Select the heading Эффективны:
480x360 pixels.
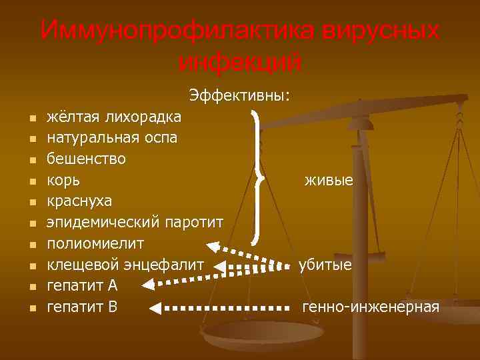click(x=239, y=95)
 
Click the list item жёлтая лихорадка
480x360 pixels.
click(x=113, y=117)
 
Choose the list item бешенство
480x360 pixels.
click(x=86, y=159)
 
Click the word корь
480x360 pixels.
click(x=63, y=180)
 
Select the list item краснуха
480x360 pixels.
click(x=80, y=201)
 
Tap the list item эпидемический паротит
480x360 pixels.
click(x=135, y=221)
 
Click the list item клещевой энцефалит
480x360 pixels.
click(x=125, y=265)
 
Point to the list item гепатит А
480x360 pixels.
click(x=82, y=285)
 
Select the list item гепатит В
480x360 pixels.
click(x=82, y=307)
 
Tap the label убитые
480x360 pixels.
click(x=325, y=265)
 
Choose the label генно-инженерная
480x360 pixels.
click(x=371, y=307)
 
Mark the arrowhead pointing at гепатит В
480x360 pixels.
click(x=155, y=309)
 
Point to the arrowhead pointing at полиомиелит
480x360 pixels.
click(x=214, y=245)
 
